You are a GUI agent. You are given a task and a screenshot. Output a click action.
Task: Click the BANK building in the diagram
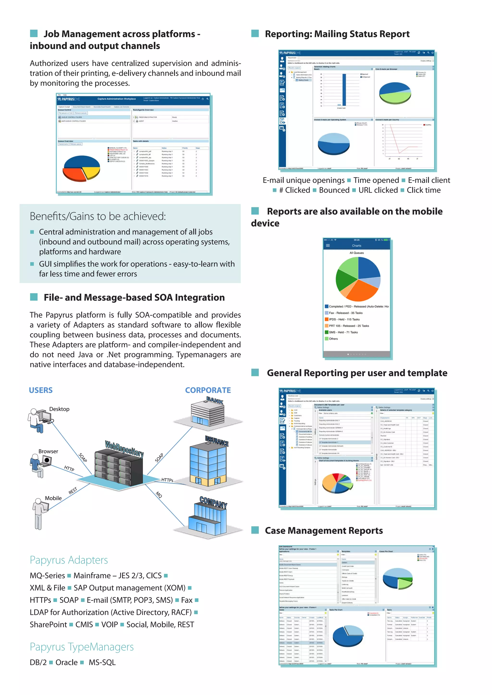click(x=208, y=412)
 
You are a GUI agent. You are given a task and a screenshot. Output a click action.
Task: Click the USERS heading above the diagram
click(x=41, y=390)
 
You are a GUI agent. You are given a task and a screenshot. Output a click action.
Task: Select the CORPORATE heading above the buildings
click(x=208, y=390)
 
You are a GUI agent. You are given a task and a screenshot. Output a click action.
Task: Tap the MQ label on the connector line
click(x=159, y=495)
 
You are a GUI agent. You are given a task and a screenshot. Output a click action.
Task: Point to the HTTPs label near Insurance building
click(x=167, y=480)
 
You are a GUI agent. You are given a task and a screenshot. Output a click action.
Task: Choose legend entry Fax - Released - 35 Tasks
click(x=345, y=313)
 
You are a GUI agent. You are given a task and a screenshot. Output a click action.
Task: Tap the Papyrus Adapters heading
click(x=69, y=560)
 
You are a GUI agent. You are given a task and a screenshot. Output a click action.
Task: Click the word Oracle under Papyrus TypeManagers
click(x=66, y=662)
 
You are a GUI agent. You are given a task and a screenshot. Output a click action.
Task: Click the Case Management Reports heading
click(x=324, y=531)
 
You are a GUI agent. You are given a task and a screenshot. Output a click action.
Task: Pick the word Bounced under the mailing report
click(x=334, y=190)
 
